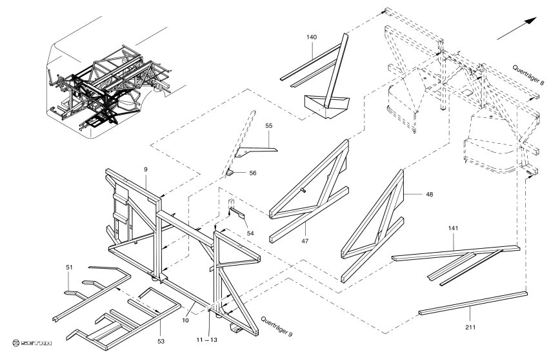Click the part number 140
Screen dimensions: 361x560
point(312,37)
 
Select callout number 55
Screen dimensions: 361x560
point(269,128)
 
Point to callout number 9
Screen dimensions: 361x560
point(146,169)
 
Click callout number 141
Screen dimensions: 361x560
point(453,228)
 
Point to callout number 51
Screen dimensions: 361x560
point(69,267)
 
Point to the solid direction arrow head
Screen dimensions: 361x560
point(532,19)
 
